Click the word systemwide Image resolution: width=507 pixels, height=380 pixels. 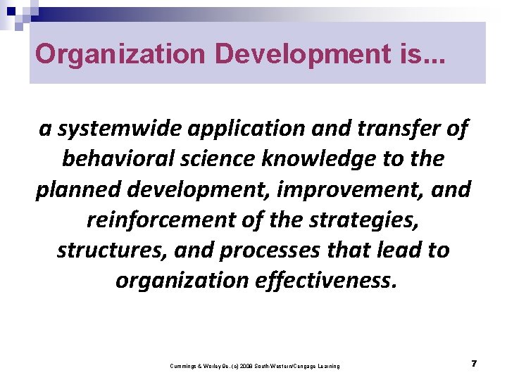[118, 129]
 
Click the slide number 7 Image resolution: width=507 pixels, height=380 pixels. [474, 363]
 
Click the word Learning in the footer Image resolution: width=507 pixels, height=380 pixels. [328, 366]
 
